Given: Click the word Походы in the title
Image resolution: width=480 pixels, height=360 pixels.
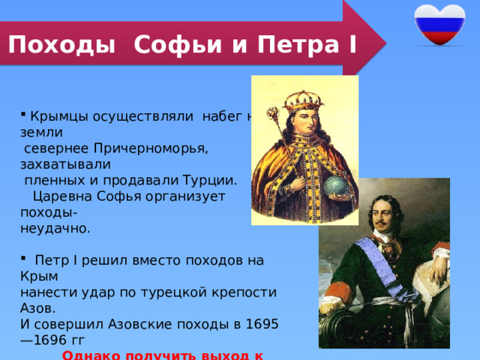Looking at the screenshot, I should coord(63,45).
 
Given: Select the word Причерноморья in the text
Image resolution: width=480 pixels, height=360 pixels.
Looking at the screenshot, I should coord(150,148).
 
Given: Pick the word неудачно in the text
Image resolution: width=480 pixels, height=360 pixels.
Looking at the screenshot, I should coord(44,227).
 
